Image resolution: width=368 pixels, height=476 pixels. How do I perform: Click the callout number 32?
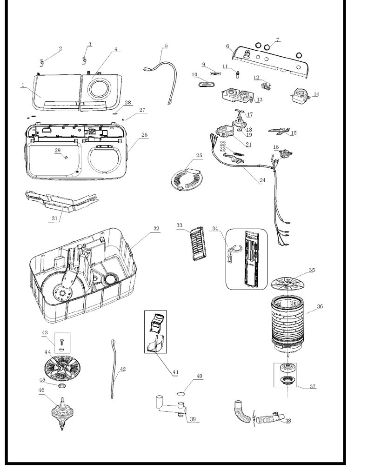coord(156,229)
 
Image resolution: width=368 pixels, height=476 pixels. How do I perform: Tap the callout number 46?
coord(41,390)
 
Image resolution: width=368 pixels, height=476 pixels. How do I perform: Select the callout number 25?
coord(199,155)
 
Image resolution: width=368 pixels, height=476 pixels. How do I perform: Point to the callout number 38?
coord(288,421)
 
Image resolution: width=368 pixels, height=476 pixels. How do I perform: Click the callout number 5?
coord(166,46)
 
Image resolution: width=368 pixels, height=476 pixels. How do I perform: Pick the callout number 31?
coord(54,218)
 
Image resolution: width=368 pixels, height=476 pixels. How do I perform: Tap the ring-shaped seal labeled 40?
coord(181,394)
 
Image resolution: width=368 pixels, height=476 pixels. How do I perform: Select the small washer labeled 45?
coord(61,385)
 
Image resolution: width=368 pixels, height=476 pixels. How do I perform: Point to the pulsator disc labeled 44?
coord(62,369)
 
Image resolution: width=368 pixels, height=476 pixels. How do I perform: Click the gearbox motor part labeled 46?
coord(62,414)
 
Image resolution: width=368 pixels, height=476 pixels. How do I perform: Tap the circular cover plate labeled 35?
coord(287,284)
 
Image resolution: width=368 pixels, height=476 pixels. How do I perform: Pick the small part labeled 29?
coord(65,157)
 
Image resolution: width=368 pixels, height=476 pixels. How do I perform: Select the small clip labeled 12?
coord(266,86)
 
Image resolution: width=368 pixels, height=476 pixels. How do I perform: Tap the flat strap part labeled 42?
coord(114,369)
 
